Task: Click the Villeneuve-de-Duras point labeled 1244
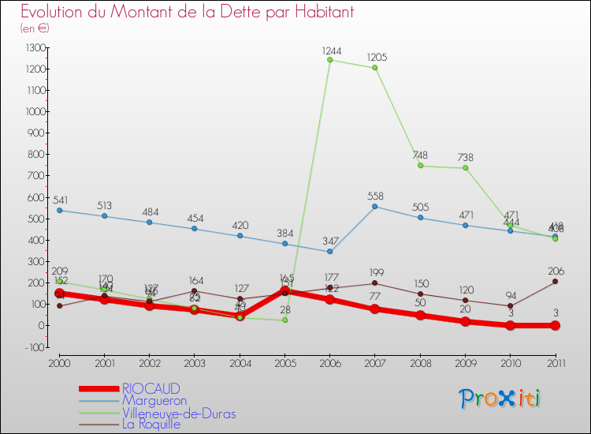[x=329, y=60]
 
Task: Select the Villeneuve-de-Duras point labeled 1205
[x=375, y=68]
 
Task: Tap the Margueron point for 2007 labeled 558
[x=375, y=207]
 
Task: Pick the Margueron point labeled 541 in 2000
[x=59, y=210]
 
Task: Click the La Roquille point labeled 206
[x=556, y=282]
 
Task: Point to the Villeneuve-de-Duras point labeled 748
[x=420, y=166]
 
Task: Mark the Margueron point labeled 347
[x=329, y=252]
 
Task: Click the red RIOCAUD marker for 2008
[x=420, y=315]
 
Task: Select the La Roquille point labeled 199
[x=375, y=283]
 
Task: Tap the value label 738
[x=466, y=158]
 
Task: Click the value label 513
[x=105, y=206]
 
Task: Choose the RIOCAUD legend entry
[x=151, y=388]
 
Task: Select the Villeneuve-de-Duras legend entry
[x=178, y=413]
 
